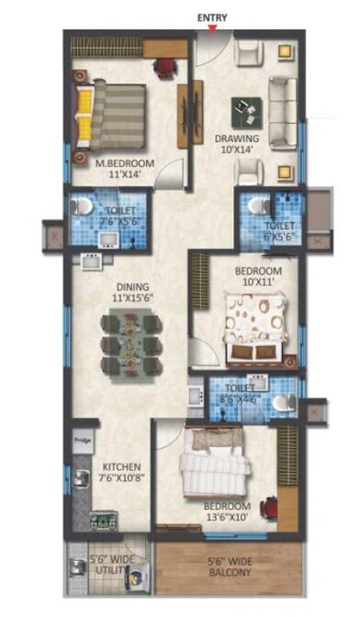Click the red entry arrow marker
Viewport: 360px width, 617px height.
pyautogui.click(x=213, y=28)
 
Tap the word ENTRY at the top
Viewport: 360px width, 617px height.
pyautogui.click(x=212, y=16)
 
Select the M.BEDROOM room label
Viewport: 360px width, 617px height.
pyautogui.click(x=126, y=164)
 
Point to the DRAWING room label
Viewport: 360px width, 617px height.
pyautogui.click(x=236, y=140)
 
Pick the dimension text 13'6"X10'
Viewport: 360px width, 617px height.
pyautogui.click(x=226, y=517)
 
